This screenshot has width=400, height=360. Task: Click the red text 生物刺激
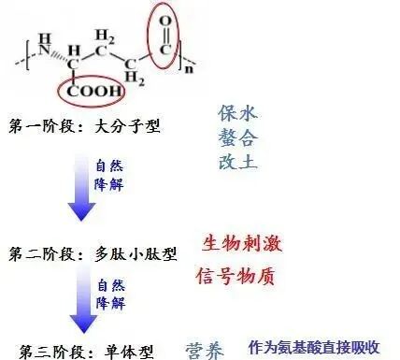(x=242, y=242)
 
